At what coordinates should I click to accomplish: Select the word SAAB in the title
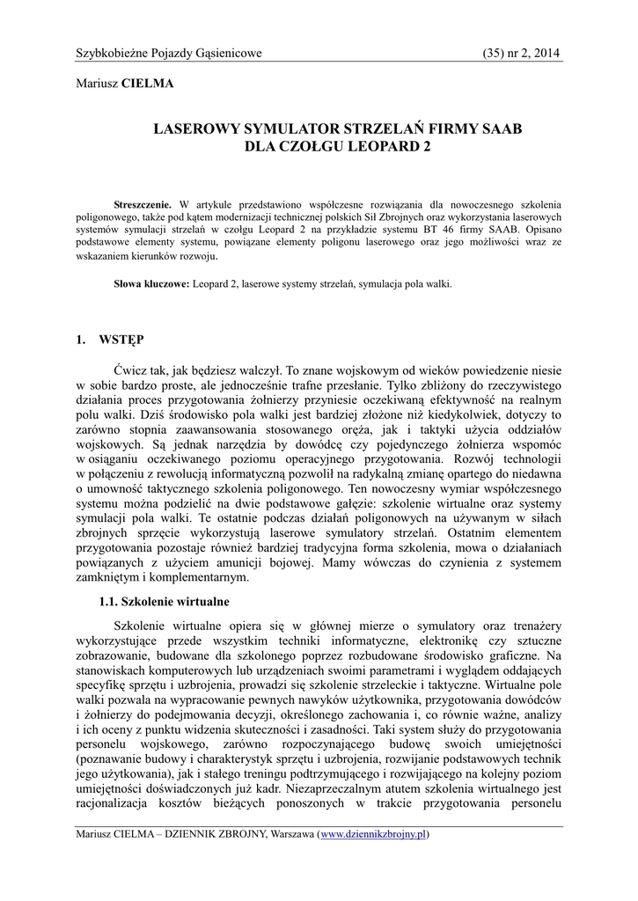coord(498,128)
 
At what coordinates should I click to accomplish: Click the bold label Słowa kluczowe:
coord(152,284)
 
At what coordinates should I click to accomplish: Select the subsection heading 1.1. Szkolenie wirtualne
coord(165,602)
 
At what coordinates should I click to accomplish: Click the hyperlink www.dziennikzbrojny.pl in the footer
coord(374,833)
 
